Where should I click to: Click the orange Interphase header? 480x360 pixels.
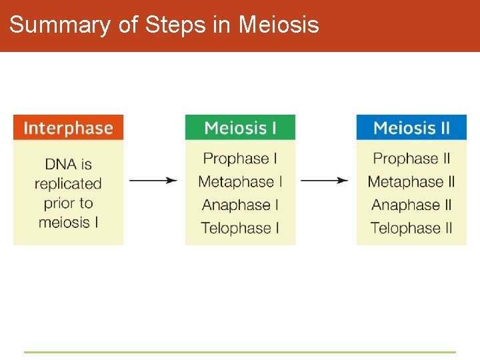68,127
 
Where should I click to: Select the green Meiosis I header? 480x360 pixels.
240,127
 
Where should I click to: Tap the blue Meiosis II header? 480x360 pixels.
411,127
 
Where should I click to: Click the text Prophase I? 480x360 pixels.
240,159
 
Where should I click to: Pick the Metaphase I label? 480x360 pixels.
240,181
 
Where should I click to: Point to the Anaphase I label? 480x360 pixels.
240,205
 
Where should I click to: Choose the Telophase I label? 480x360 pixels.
240,228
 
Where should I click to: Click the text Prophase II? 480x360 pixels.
411,159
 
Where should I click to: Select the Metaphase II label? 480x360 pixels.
411,181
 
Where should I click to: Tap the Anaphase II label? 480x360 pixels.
411,205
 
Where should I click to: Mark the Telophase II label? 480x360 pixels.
411,228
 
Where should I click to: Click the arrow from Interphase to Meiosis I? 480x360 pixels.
153,180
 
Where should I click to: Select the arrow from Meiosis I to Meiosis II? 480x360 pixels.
325,180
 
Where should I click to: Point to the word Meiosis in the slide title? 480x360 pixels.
279,25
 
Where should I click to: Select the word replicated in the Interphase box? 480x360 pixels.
68,183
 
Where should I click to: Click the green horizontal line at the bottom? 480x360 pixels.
240,352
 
